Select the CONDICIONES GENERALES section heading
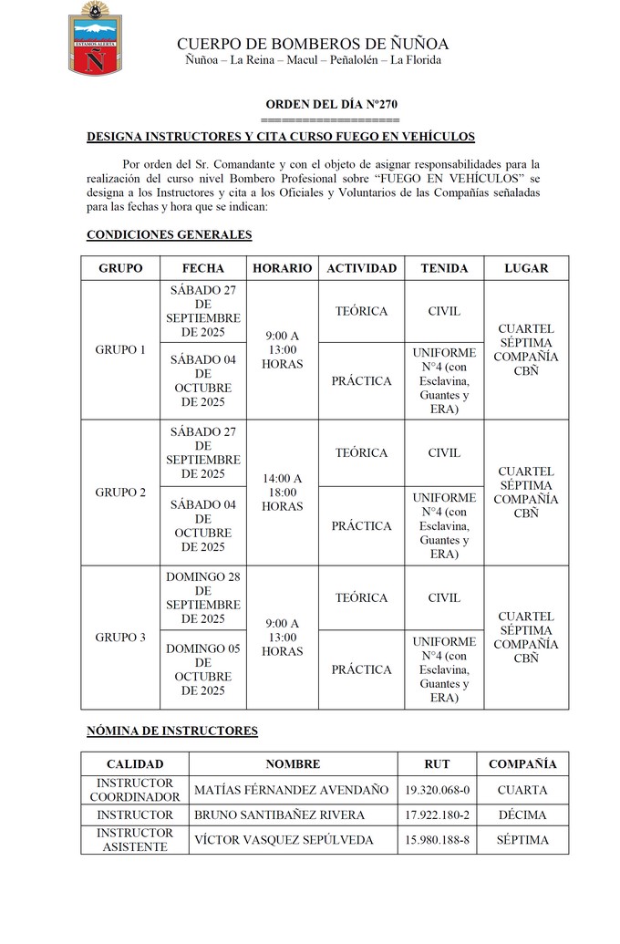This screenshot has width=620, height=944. click(169, 235)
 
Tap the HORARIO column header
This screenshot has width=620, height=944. click(282, 268)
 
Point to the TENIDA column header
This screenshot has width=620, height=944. click(444, 268)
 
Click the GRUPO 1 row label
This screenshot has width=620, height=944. click(120, 349)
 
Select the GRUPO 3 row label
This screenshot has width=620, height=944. click(120, 638)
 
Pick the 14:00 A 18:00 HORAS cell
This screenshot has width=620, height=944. click(282, 493)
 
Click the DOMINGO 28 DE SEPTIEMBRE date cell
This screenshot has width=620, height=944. click(203, 598)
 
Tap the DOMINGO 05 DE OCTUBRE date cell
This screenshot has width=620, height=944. click(203, 669)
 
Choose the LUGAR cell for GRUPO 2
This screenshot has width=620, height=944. click(526, 493)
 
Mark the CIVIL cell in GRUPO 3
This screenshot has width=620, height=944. click(444, 598)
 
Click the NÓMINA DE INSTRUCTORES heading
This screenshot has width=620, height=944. click(172, 731)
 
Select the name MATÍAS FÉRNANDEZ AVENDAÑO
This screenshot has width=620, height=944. click(292, 790)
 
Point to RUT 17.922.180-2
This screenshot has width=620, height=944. click(438, 815)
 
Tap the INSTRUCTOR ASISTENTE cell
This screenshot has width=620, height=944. click(135, 840)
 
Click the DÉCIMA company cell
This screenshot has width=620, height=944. click(522, 815)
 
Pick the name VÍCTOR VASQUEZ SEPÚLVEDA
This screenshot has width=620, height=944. click(284, 840)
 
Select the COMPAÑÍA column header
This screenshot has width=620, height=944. click(522, 764)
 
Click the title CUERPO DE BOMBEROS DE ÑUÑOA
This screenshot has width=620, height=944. click(313, 44)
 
